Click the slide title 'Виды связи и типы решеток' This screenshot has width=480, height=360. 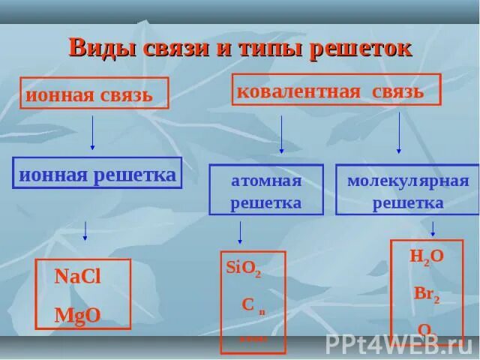coord(240,47)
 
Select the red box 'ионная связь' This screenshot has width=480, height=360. coord(94,94)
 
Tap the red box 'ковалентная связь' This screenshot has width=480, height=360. coord(335,90)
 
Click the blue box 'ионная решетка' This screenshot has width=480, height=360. coord(97,174)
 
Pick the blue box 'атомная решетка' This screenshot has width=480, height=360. coord(265,190)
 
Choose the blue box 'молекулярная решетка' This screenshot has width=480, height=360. coord(407,190)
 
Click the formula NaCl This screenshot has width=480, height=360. coord(77,276)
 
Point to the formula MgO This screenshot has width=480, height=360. coord(77,314)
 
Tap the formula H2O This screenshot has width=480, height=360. coord(427,256)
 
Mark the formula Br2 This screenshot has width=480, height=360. coord(426,293)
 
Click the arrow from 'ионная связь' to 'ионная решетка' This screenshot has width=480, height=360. coord(92,133)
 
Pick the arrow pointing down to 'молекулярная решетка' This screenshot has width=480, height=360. coord(398,133)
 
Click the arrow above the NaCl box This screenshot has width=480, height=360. coord(85,230)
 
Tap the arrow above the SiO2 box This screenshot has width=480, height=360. coord(239,232)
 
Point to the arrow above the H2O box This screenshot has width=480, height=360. coord(433,226)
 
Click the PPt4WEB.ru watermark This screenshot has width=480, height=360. coord(398,343)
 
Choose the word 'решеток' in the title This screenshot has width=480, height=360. coord(367,47)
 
